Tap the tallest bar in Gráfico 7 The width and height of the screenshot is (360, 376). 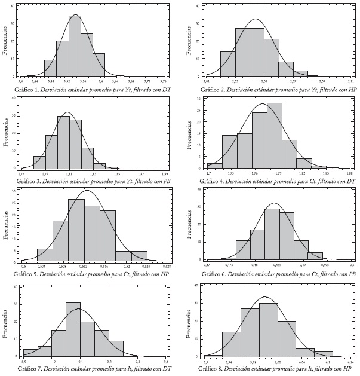pos(73,329)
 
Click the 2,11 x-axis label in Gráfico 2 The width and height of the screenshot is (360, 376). pos(350,81)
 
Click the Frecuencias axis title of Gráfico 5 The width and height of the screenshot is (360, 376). pos(5,224)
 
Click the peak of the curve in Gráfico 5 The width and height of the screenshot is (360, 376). pos(87,191)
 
